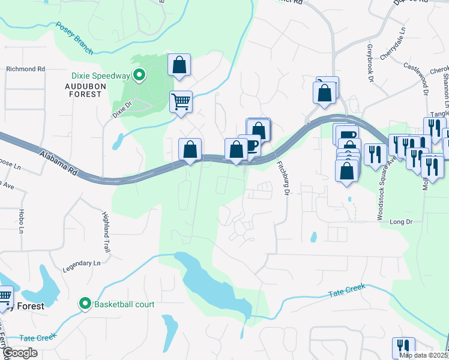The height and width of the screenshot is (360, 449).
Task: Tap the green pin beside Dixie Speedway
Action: [x=139, y=76]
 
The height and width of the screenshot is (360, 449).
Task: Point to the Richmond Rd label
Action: [x=26, y=69]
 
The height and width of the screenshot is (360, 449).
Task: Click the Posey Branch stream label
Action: [x=74, y=38]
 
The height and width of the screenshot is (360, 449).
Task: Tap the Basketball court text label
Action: [x=124, y=304]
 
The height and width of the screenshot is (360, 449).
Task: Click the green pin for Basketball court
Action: [x=85, y=304]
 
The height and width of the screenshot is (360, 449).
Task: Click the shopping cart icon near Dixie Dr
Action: [x=181, y=101]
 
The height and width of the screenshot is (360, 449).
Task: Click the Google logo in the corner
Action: [x=20, y=353]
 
